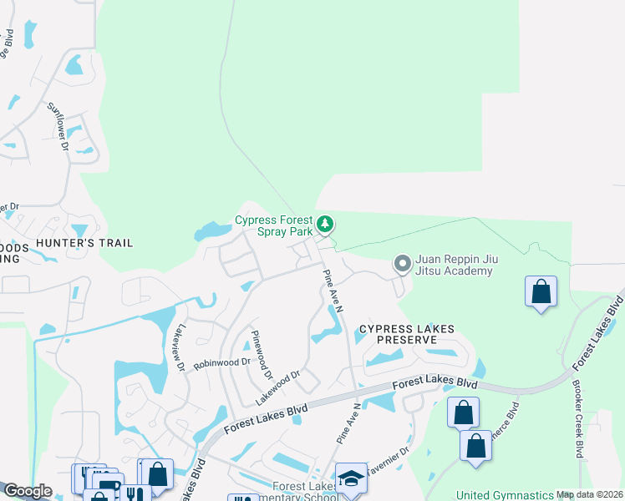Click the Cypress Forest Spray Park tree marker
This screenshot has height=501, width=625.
click(325, 225)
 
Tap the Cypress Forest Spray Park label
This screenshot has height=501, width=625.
click(273, 225)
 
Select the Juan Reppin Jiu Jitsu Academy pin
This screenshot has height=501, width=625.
click(402, 264)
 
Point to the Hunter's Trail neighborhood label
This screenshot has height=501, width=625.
click(96, 243)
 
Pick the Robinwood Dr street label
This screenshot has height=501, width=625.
click(222, 363)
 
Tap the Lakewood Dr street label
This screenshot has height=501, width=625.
click(277, 389)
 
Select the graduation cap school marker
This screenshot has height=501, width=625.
click(352, 478)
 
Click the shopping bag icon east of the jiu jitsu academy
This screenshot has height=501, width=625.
click(541, 292)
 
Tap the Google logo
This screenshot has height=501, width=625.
click(28, 491)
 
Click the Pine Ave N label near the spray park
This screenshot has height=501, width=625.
click(333, 287)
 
